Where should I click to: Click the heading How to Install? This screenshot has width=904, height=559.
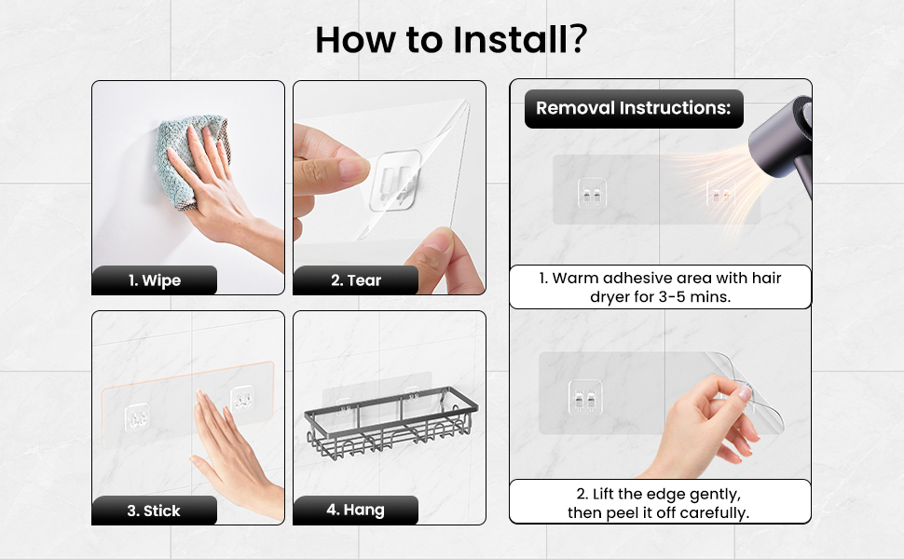(x=451, y=40)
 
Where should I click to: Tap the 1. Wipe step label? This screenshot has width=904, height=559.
(x=154, y=280)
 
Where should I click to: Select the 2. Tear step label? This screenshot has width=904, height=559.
(x=356, y=280)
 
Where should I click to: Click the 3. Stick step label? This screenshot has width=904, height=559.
(x=154, y=511)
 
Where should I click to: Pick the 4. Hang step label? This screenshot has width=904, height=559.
(x=356, y=510)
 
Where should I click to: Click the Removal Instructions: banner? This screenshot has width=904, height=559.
(x=634, y=108)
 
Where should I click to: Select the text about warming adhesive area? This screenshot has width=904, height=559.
(x=660, y=287)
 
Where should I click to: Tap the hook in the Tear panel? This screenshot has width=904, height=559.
(x=395, y=181)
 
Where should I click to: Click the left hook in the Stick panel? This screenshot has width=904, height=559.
(x=137, y=417)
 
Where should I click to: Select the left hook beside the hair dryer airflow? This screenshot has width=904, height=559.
(x=592, y=193)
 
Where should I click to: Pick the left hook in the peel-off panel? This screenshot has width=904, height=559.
(x=585, y=397)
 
